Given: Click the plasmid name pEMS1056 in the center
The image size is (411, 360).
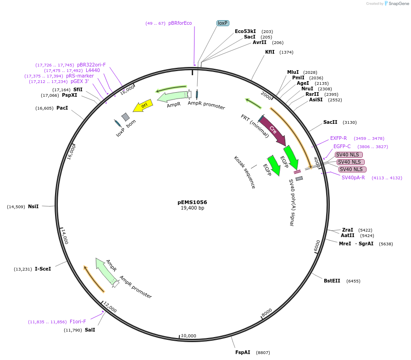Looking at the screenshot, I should click(192, 202).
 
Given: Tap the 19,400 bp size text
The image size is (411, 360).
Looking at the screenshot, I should click(192, 208).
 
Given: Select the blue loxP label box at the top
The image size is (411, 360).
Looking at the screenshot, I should click(223, 23).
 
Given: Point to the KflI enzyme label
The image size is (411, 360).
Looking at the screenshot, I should click(270, 52).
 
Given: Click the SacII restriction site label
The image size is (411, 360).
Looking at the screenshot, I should click(330, 122).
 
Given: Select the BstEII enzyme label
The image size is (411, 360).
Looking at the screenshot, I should click(332, 281).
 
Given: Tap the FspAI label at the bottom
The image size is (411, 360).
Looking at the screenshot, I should click(243, 352).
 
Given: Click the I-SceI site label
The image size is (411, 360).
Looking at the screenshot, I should click(43, 269).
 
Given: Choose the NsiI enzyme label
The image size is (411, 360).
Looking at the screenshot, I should click(33, 206).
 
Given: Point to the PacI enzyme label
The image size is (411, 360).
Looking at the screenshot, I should click(62, 108).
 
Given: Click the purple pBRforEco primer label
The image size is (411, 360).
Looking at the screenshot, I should click(180, 23).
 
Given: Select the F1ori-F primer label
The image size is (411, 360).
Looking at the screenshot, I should click(78, 321).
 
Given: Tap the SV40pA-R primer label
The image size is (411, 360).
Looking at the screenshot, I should click(353, 177).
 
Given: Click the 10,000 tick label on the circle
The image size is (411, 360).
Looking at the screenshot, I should click(189, 336).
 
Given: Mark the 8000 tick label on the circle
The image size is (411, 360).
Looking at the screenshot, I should click(267, 313).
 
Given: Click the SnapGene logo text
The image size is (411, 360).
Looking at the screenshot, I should click(397, 4).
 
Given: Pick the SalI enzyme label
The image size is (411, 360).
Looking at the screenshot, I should click(90, 330).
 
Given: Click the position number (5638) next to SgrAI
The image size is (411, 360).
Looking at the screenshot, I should click(386, 244).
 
